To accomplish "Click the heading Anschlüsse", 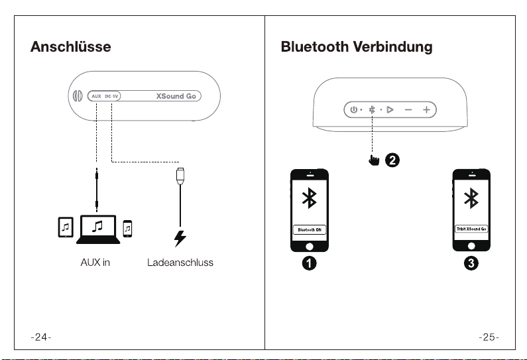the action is (70, 46).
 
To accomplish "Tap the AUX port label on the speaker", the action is (97, 96).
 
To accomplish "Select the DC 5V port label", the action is (111, 96).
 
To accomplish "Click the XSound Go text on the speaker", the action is (176, 96).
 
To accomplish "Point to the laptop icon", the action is (98, 229).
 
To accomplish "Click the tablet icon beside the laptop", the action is (66, 227).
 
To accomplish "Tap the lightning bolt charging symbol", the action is (180, 239).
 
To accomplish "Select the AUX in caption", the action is (95, 262).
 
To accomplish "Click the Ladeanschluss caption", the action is (180, 262).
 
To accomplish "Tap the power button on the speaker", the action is (353, 109).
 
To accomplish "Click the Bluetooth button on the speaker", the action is (372, 109).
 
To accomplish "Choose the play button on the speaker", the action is (390, 109).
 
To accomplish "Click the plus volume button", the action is (426, 109).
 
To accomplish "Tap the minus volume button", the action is (408, 109).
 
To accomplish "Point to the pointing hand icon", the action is (374, 160).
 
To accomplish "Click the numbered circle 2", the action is (392, 160).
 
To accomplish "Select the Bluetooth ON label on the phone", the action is (310, 230).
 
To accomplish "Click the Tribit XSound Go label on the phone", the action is (471, 229).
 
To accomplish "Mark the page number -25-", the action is (489, 337).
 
